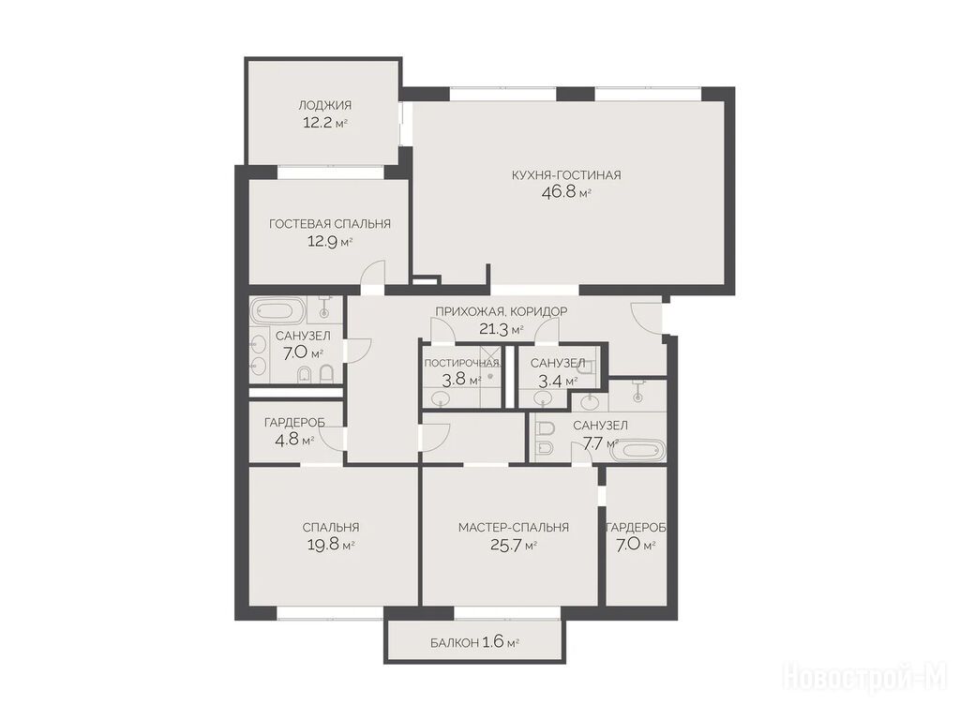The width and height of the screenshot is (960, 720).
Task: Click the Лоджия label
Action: tap(324, 105)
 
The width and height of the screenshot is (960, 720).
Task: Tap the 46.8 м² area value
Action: tap(566, 193)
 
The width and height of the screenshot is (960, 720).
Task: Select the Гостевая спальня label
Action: tap(330, 224)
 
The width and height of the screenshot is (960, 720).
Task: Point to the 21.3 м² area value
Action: tap(501, 330)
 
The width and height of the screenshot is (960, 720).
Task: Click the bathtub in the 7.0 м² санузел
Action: tap(278, 311)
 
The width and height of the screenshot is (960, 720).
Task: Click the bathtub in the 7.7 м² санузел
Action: tap(637, 451)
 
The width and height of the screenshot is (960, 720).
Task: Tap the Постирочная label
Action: tap(462, 363)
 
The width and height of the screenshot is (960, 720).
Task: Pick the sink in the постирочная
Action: tap(441, 399)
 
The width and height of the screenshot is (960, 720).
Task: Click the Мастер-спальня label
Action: tap(514, 527)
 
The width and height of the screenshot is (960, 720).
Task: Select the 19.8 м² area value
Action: tap(331, 545)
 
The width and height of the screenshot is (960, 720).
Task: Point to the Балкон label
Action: tap(455, 643)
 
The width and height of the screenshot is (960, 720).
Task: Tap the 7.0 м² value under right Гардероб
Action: tap(636, 545)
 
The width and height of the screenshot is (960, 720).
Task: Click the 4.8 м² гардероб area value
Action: tap(294, 440)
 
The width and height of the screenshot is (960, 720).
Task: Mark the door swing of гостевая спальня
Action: tap(373, 273)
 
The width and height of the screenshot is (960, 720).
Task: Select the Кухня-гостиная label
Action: tap(566, 175)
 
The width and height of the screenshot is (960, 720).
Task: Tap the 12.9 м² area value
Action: tap(330, 241)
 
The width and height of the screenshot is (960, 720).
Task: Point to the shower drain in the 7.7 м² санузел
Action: tap(638, 397)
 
